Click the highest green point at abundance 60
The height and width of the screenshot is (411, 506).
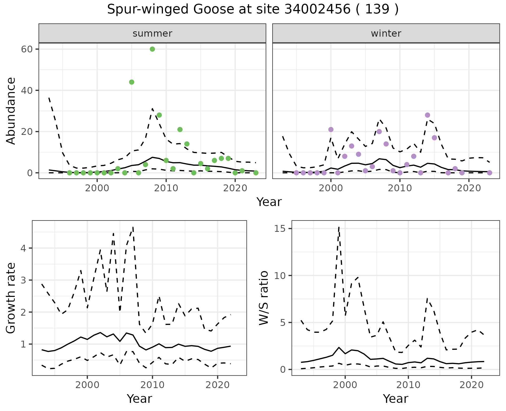[x=152, y=49]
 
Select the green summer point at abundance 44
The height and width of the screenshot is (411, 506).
[x=132, y=82]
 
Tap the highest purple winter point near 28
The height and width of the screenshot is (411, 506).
[x=427, y=115]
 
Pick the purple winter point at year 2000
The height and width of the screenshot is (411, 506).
[x=331, y=130]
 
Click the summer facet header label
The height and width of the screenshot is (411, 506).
[x=152, y=33]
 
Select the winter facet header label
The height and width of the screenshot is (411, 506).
[x=386, y=33]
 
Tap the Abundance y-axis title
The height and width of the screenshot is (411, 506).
[x=11, y=111]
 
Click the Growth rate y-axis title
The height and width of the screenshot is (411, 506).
[x=11, y=298]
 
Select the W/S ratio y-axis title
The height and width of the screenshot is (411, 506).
[x=264, y=298]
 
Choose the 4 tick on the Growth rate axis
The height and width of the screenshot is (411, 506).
[x=24, y=248]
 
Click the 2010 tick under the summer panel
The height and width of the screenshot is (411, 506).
[x=166, y=188]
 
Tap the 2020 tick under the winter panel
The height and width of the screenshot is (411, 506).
[x=469, y=188]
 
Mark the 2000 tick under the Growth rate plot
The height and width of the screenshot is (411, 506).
[x=87, y=385]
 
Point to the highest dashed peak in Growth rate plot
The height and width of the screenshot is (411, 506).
[x=133, y=227]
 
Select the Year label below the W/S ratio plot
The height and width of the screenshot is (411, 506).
[x=395, y=399]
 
